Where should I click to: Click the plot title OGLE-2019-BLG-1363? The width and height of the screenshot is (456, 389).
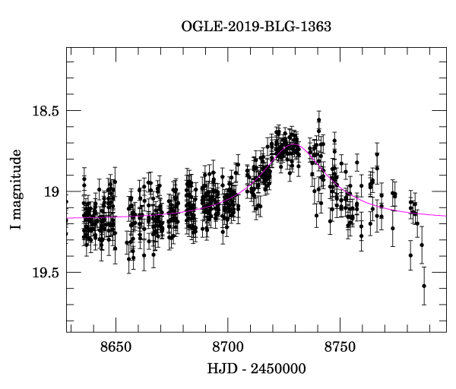click(x=256, y=26)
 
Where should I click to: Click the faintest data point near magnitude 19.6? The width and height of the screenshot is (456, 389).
click(x=424, y=286)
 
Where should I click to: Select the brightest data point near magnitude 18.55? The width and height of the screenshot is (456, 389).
click(x=318, y=120)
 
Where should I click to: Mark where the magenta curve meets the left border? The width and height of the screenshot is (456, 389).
click(x=67, y=218)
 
